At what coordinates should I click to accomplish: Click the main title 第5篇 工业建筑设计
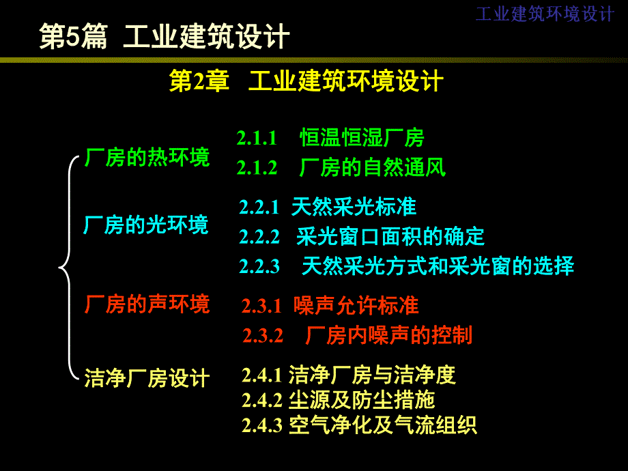coord(165,37)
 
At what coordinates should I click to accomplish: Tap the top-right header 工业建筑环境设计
coord(545,14)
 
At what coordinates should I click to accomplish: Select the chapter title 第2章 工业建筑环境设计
coord(306,82)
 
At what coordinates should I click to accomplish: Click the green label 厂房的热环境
coord(147,158)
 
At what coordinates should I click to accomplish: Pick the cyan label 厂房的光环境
coord(146,225)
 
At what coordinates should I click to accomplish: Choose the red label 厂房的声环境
coord(147,304)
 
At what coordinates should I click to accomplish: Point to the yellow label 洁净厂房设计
coord(147,377)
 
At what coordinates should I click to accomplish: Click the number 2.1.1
coord(257,139)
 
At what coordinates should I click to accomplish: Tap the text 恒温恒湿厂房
coord(362,139)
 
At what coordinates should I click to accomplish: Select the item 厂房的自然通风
coord(373,168)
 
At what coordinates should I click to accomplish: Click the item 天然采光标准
coord(354,206)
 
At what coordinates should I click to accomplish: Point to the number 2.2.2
coord(259,237)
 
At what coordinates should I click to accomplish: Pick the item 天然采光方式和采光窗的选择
coord(438,266)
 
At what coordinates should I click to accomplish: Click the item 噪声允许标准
coord(356,305)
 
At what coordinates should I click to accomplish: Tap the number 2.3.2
coord(263,336)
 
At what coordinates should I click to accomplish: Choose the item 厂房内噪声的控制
coord(389,335)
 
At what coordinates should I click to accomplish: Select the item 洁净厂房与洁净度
coord(372,375)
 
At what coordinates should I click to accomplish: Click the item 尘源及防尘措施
coord(362,399)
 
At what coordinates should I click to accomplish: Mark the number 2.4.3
coord(261,425)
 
